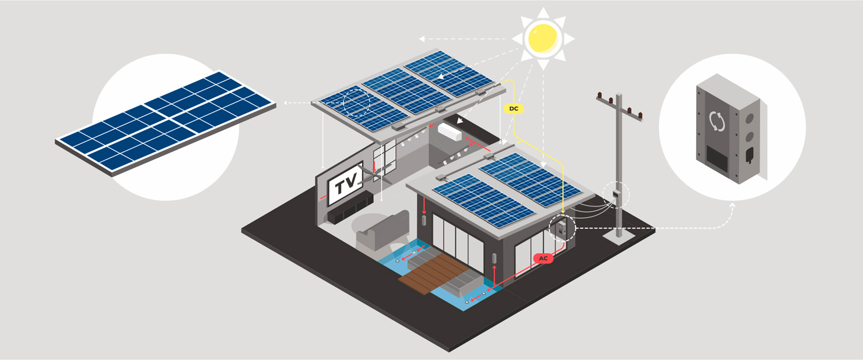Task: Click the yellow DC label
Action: (514, 109)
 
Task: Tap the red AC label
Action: (543, 258)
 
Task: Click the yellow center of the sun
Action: (543, 38)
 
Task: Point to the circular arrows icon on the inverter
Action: (717, 121)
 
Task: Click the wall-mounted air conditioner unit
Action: (449, 131)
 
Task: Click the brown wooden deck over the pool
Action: (431, 274)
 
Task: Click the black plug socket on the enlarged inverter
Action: (750, 155)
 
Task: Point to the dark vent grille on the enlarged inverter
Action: (717, 158)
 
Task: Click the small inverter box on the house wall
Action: (560, 229)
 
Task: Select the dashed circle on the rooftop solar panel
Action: (356, 102)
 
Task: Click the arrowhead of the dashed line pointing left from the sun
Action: (422, 39)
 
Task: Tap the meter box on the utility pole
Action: (616, 194)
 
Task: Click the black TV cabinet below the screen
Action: (350, 208)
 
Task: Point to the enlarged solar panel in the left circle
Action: (166, 123)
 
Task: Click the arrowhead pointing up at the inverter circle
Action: (732, 206)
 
